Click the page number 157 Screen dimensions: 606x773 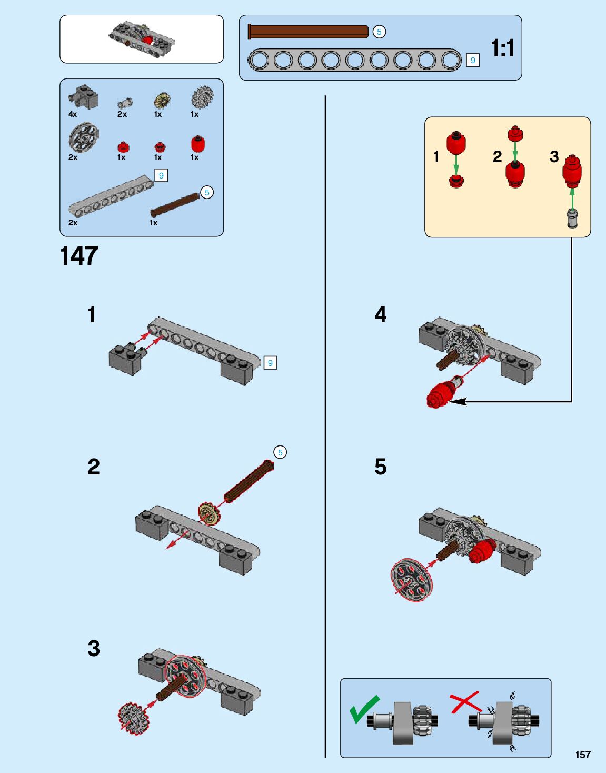[583, 755]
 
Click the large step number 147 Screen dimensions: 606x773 [79, 256]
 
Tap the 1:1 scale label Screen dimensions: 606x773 [502, 48]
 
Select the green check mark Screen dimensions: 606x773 [364, 709]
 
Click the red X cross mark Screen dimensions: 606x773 [465, 702]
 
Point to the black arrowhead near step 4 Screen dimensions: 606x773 [457, 402]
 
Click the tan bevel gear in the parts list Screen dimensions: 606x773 [161, 100]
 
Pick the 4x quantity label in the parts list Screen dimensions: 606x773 [73, 114]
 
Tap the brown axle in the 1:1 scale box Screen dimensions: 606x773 [308, 32]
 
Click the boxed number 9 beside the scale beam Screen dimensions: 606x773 [473, 61]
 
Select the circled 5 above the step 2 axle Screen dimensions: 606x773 [280, 452]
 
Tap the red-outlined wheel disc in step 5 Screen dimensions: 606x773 [412, 579]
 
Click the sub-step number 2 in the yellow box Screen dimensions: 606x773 [497, 157]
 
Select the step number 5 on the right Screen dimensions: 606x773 [380, 467]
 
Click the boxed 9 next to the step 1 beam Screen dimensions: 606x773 [270, 363]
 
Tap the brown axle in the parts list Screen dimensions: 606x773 [175, 205]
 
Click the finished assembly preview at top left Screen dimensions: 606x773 [142, 39]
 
